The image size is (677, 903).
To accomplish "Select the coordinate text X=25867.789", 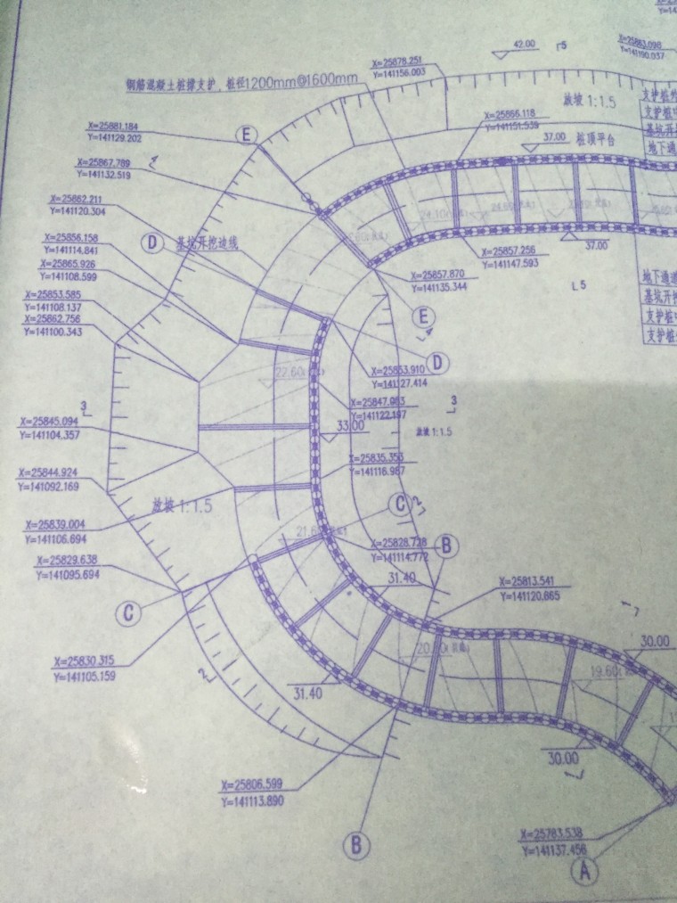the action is pyautogui.click(x=103, y=163).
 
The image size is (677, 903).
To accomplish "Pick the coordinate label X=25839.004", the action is pyautogui.click(x=59, y=526).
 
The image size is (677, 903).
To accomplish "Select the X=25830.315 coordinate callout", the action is pyautogui.click(x=88, y=661).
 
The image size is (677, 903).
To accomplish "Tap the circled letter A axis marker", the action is pyautogui.click(x=584, y=871).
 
